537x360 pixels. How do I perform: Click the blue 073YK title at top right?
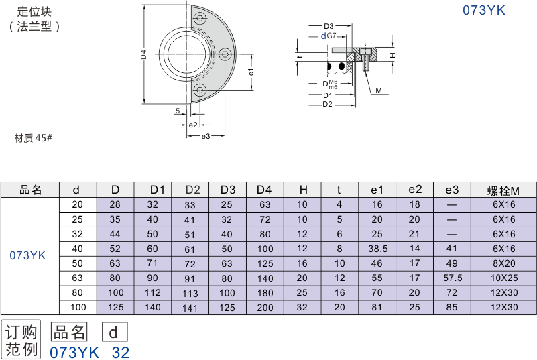483,10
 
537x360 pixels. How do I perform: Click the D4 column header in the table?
265,190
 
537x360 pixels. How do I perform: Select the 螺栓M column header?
503,190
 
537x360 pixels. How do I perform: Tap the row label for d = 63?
78,278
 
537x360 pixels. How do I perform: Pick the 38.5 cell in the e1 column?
377,248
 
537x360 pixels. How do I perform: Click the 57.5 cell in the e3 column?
452,278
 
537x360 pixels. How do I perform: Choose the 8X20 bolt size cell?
503,263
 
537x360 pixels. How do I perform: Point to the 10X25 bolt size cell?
503,278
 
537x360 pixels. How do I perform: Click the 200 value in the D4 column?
265,307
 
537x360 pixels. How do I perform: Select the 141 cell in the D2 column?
190,307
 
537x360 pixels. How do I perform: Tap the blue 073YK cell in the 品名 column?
27,255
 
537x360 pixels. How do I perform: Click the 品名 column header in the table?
30,190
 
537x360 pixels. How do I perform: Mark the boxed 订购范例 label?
22,340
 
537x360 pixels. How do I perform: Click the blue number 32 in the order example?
121,352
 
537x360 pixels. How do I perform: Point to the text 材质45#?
34,138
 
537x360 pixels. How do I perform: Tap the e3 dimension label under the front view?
206,137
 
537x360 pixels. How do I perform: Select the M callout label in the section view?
378,90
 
